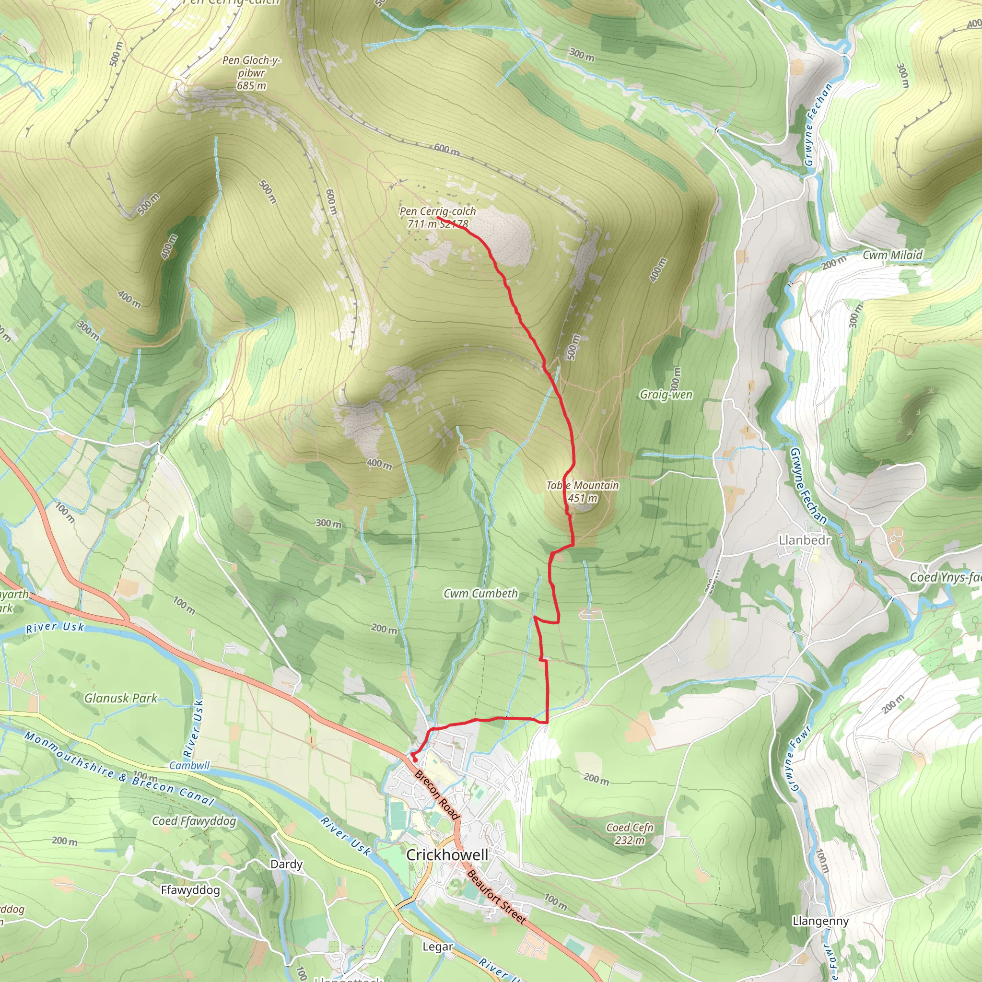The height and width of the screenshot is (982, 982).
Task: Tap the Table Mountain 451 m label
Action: (x=583, y=491)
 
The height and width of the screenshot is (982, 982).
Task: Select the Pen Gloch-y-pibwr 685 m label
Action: (x=252, y=73)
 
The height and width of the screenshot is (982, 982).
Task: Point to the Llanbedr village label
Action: (x=805, y=540)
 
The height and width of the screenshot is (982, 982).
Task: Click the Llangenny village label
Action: (x=820, y=921)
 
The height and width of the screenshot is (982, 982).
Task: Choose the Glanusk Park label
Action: (x=121, y=698)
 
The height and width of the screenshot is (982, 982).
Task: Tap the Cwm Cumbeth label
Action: (x=480, y=593)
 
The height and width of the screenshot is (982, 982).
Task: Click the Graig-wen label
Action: (x=666, y=395)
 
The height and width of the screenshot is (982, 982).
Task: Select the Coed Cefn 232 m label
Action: (x=630, y=833)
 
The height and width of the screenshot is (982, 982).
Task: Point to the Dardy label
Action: (x=286, y=864)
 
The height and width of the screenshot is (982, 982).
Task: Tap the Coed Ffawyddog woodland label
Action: (x=194, y=821)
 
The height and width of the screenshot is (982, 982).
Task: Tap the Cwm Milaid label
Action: (x=892, y=255)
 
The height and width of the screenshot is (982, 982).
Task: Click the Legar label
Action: (x=438, y=947)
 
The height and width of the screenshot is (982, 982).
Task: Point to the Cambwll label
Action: (x=189, y=765)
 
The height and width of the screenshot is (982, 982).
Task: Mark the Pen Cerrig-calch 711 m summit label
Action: (x=438, y=217)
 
